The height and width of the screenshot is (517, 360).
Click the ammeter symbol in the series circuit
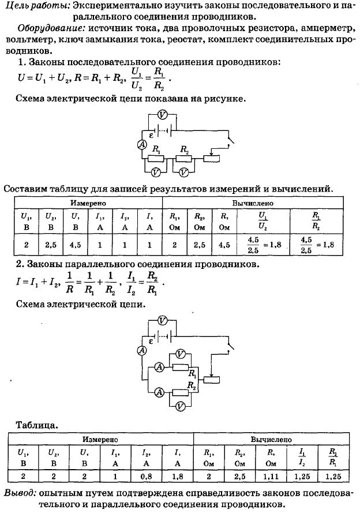(x=140, y=145)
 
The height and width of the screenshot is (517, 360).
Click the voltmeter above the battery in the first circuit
(x=162, y=115)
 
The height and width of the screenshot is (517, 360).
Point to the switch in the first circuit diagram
(x=231, y=140)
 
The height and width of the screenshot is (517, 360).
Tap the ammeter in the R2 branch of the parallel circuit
(x=157, y=392)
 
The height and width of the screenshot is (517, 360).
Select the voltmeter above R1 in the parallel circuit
(x=180, y=354)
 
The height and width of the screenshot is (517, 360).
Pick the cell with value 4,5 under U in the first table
(x=75, y=244)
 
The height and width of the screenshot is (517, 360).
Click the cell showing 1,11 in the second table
(x=268, y=476)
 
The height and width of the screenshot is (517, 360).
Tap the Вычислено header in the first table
(x=253, y=204)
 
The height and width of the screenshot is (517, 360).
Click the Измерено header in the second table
(x=100, y=439)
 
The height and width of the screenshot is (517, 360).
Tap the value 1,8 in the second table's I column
(x=178, y=476)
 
